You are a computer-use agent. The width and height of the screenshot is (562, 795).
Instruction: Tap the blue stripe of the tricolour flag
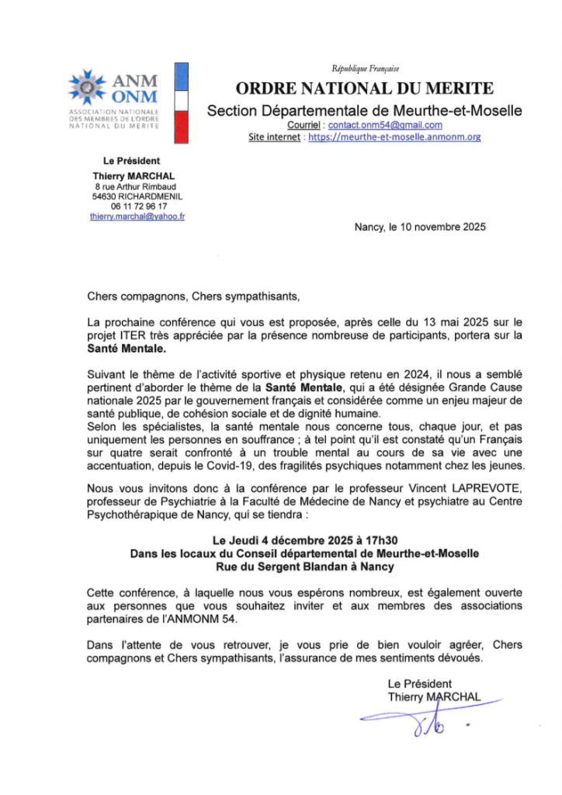pos(181,77)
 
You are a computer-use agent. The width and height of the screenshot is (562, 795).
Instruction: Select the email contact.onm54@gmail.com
pos(385,125)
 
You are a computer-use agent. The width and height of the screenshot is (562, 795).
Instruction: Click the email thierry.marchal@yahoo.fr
pos(137,217)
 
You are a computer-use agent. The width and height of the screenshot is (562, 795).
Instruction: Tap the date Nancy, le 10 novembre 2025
pos(419,227)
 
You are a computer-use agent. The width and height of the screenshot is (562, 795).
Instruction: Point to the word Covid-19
pos(233,465)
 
